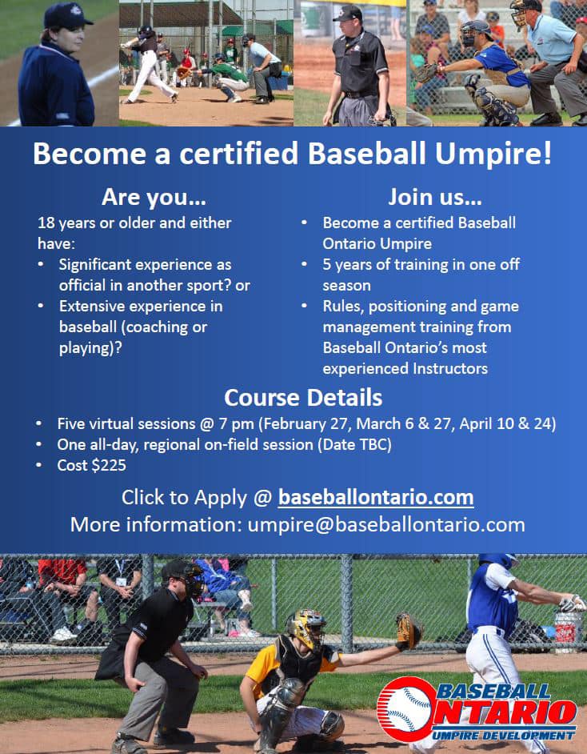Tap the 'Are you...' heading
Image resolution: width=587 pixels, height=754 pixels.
click(x=154, y=197)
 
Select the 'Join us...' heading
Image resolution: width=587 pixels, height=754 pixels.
click(x=435, y=197)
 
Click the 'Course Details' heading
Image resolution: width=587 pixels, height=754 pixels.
click(x=303, y=398)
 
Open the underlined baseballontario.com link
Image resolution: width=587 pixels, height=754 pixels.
click(x=376, y=497)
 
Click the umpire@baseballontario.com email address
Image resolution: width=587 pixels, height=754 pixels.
click(x=386, y=524)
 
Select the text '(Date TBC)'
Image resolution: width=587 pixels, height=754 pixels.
click(x=354, y=444)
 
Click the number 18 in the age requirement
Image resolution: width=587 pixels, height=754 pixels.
click(x=46, y=223)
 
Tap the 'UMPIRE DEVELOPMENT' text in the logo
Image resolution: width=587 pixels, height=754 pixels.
click(x=503, y=736)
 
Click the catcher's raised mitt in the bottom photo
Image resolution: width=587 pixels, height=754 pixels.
click(x=409, y=631)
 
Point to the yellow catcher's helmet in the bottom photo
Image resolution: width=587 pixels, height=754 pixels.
click(x=305, y=627)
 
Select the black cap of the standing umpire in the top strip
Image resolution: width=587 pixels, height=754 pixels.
click(x=348, y=14)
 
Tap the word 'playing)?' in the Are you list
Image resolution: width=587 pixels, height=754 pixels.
click(x=90, y=348)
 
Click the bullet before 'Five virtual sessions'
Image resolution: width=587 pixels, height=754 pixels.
click(x=39, y=424)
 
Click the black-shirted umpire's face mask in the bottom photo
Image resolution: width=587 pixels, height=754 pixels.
click(x=192, y=580)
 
